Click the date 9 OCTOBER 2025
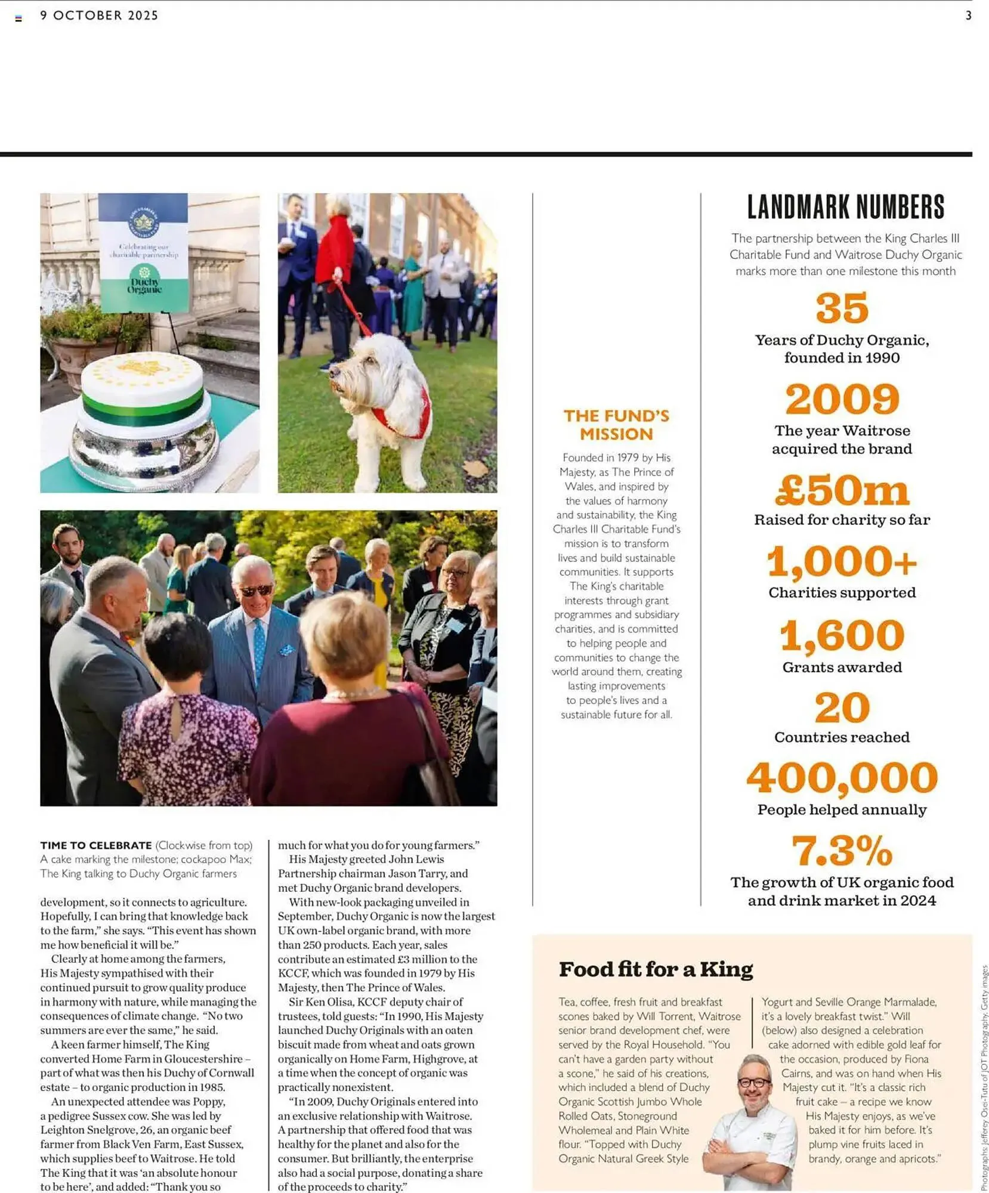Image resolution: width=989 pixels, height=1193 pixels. tap(99, 16)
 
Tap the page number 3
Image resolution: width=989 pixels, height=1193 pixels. tap(968, 16)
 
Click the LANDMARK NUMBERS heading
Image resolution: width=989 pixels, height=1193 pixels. tap(845, 207)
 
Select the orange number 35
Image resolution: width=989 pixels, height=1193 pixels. tap(842, 308)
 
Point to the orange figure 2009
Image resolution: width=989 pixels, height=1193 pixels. tap(842, 399)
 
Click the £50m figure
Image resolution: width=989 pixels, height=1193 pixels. tap(842, 490)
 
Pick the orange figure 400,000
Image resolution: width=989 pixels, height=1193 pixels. tap(842, 778)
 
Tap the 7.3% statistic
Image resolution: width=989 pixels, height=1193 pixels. tap(842, 851)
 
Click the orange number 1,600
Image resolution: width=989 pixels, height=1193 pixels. tap(842, 635)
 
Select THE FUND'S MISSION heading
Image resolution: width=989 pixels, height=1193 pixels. tap(616, 425)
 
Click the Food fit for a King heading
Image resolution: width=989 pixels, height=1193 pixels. tap(656, 969)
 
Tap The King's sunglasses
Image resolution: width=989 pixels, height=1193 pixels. tap(256, 591)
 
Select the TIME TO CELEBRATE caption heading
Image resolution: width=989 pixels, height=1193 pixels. tap(96, 845)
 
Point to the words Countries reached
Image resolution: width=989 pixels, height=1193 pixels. tap(842, 737)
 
